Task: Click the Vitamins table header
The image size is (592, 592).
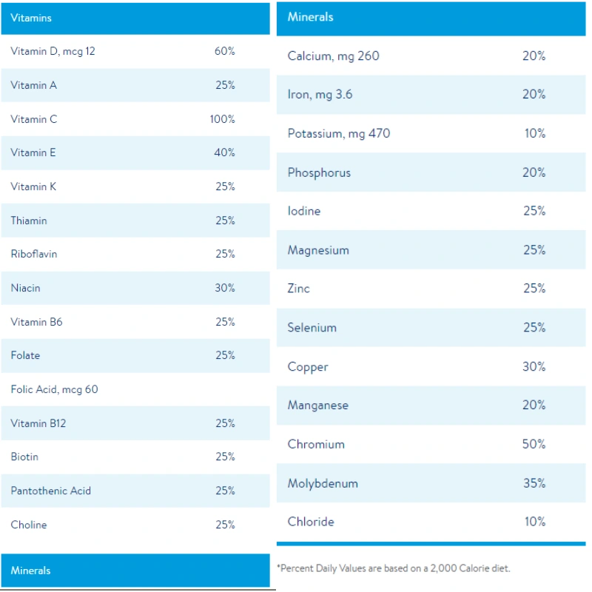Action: click(x=31, y=18)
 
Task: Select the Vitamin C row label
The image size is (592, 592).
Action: click(x=34, y=119)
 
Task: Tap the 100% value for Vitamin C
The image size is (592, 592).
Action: click(x=222, y=119)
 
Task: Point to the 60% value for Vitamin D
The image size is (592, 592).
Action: click(x=225, y=52)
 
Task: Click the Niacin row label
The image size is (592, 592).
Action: click(x=26, y=288)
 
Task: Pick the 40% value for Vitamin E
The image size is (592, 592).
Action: click(x=225, y=152)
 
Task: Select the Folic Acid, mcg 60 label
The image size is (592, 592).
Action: click(x=54, y=389)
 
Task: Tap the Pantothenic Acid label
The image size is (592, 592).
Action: click(x=51, y=491)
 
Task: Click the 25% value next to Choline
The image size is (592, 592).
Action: click(x=225, y=525)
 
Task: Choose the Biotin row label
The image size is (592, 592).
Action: click(x=24, y=457)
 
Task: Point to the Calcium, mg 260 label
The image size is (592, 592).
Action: click(x=333, y=56)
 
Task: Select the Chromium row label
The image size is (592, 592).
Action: click(x=316, y=444)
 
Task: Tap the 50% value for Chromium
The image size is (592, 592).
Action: click(x=534, y=444)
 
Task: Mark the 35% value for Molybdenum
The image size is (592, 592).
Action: click(x=534, y=483)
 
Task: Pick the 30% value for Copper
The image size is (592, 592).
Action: click(x=534, y=366)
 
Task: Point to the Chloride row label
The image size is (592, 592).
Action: click(x=311, y=522)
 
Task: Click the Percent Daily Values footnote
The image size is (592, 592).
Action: click(x=394, y=568)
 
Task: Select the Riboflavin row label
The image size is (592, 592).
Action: click(x=34, y=254)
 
